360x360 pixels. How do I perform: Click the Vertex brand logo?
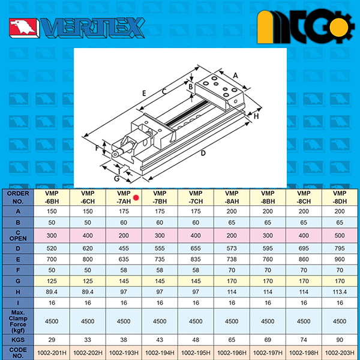click(x=77, y=28)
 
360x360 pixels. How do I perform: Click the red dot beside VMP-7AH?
click(x=136, y=197)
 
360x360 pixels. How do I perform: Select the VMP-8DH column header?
click(x=340, y=197)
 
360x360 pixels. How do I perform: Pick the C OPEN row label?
click(x=18, y=235)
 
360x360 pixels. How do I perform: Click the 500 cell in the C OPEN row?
click(x=340, y=235)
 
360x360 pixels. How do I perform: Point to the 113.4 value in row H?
click(x=340, y=292)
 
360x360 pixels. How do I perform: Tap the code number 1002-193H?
click(x=124, y=352)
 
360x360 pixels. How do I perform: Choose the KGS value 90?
click(x=340, y=340)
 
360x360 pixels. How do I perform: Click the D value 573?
click(x=232, y=248)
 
